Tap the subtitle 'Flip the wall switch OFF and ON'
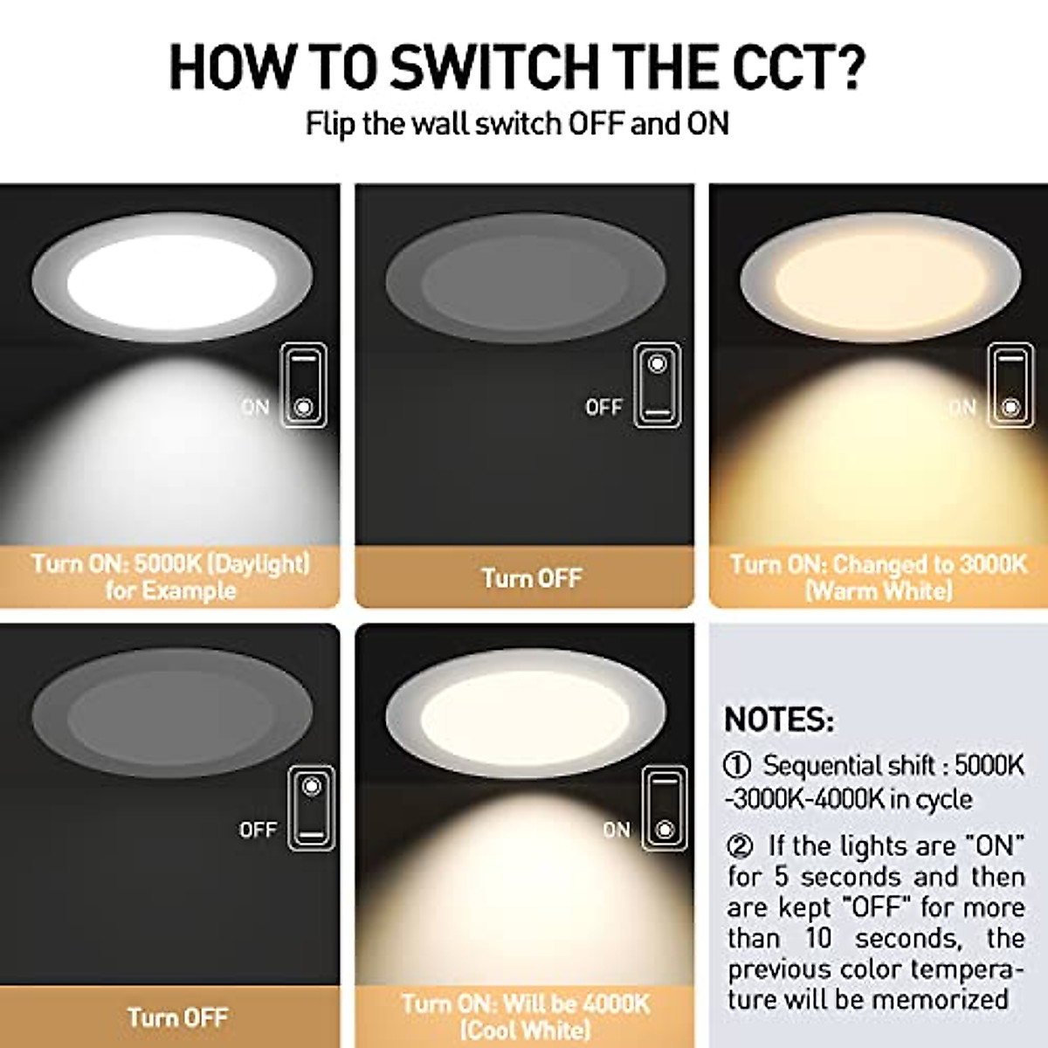[517, 123]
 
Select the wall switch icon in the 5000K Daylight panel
[303, 385]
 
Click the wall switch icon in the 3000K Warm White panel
[1010, 385]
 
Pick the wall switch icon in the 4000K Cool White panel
[665, 808]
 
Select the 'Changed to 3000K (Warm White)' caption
[879, 576]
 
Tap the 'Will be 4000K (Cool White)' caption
[526, 1016]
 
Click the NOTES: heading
[779, 720]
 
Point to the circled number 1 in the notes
[738, 766]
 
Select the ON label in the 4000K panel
[616, 830]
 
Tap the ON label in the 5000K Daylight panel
[255, 407]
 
